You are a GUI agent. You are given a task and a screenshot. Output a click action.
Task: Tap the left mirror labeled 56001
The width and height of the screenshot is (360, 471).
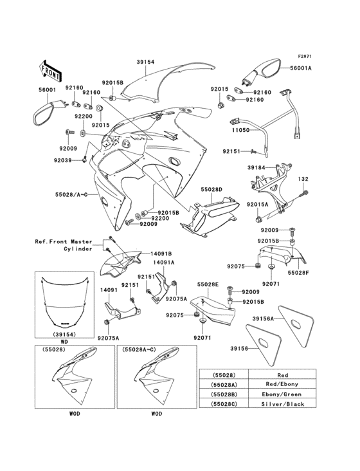click(x=46, y=112)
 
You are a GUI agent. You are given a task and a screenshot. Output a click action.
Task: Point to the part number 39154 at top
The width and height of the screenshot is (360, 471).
click(x=145, y=62)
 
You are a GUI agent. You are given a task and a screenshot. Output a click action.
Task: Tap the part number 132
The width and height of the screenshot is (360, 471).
click(x=303, y=180)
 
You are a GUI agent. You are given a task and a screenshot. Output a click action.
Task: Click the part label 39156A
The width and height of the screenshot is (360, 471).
click(x=263, y=318)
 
